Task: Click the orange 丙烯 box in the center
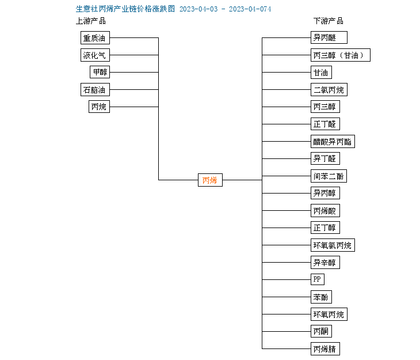pyautogui.click(x=210, y=180)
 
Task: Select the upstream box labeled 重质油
pyautogui.click(x=95, y=37)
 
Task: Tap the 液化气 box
pyautogui.click(x=95, y=55)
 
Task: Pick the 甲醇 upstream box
pyautogui.click(x=100, y=72)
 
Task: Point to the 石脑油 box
pyautogui.click(x=95, y=90)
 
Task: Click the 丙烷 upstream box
pyautogui.click(x=99, y=107)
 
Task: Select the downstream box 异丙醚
pyautogui.click(x=329, y=37)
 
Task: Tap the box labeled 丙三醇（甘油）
pyautogui.click(x=341, y=55)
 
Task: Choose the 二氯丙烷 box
pyautogui.click(x=329, y=90)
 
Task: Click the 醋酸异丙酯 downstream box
pyautogui.click(x=333, y=141)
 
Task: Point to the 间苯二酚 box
pyautogui.click(x=329, y=176)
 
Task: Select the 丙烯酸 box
pyautogui.click(x=325, y=211)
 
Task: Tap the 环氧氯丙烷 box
pyautogui.click(x=333, y=245)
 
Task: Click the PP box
pyautogui.click(x=318, y=279)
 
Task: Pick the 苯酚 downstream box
pyautogui.click(x=321, y=297)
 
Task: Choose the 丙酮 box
pyautogui.click(x=321, y=331)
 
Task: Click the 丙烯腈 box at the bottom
pyautogui.click(x=325, y=348)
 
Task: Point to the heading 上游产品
pyautogui.click(x=91, y=21)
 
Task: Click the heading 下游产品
pyautogui.click(x=329, y=21)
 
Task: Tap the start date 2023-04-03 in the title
pyautogui.click(x=198, y=9)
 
